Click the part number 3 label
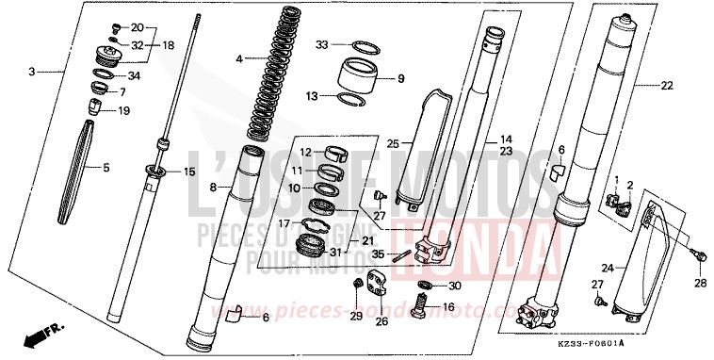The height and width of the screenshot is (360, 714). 31,72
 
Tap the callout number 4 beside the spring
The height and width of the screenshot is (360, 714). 239,58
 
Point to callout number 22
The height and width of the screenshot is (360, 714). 667,86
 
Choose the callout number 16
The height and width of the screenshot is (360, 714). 448,307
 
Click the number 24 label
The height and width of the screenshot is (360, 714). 608,269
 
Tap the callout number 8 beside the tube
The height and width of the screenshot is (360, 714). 213,188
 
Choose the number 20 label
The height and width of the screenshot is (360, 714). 137,27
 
